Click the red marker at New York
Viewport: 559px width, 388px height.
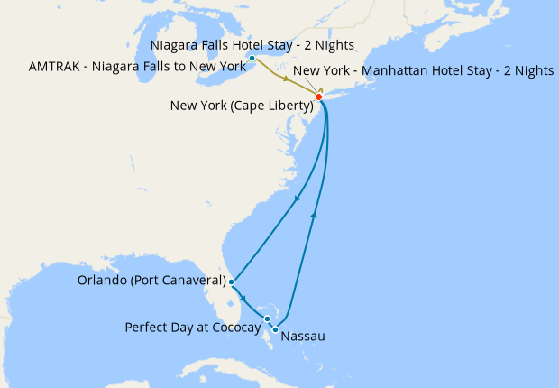(318, 97)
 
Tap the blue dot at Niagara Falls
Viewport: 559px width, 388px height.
(252, 60)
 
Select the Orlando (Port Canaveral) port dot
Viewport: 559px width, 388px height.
(232, 282)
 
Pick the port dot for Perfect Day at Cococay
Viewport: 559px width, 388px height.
(268, 319)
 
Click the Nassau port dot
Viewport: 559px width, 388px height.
(275, 330)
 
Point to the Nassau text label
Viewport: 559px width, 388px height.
(303, 337)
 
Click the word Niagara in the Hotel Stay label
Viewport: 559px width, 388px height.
(175, 45)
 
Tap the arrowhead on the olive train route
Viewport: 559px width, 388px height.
(286, 79)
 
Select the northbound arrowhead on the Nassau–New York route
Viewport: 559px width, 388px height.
(315, 214)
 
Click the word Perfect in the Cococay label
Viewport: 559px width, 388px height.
(146, 327)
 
